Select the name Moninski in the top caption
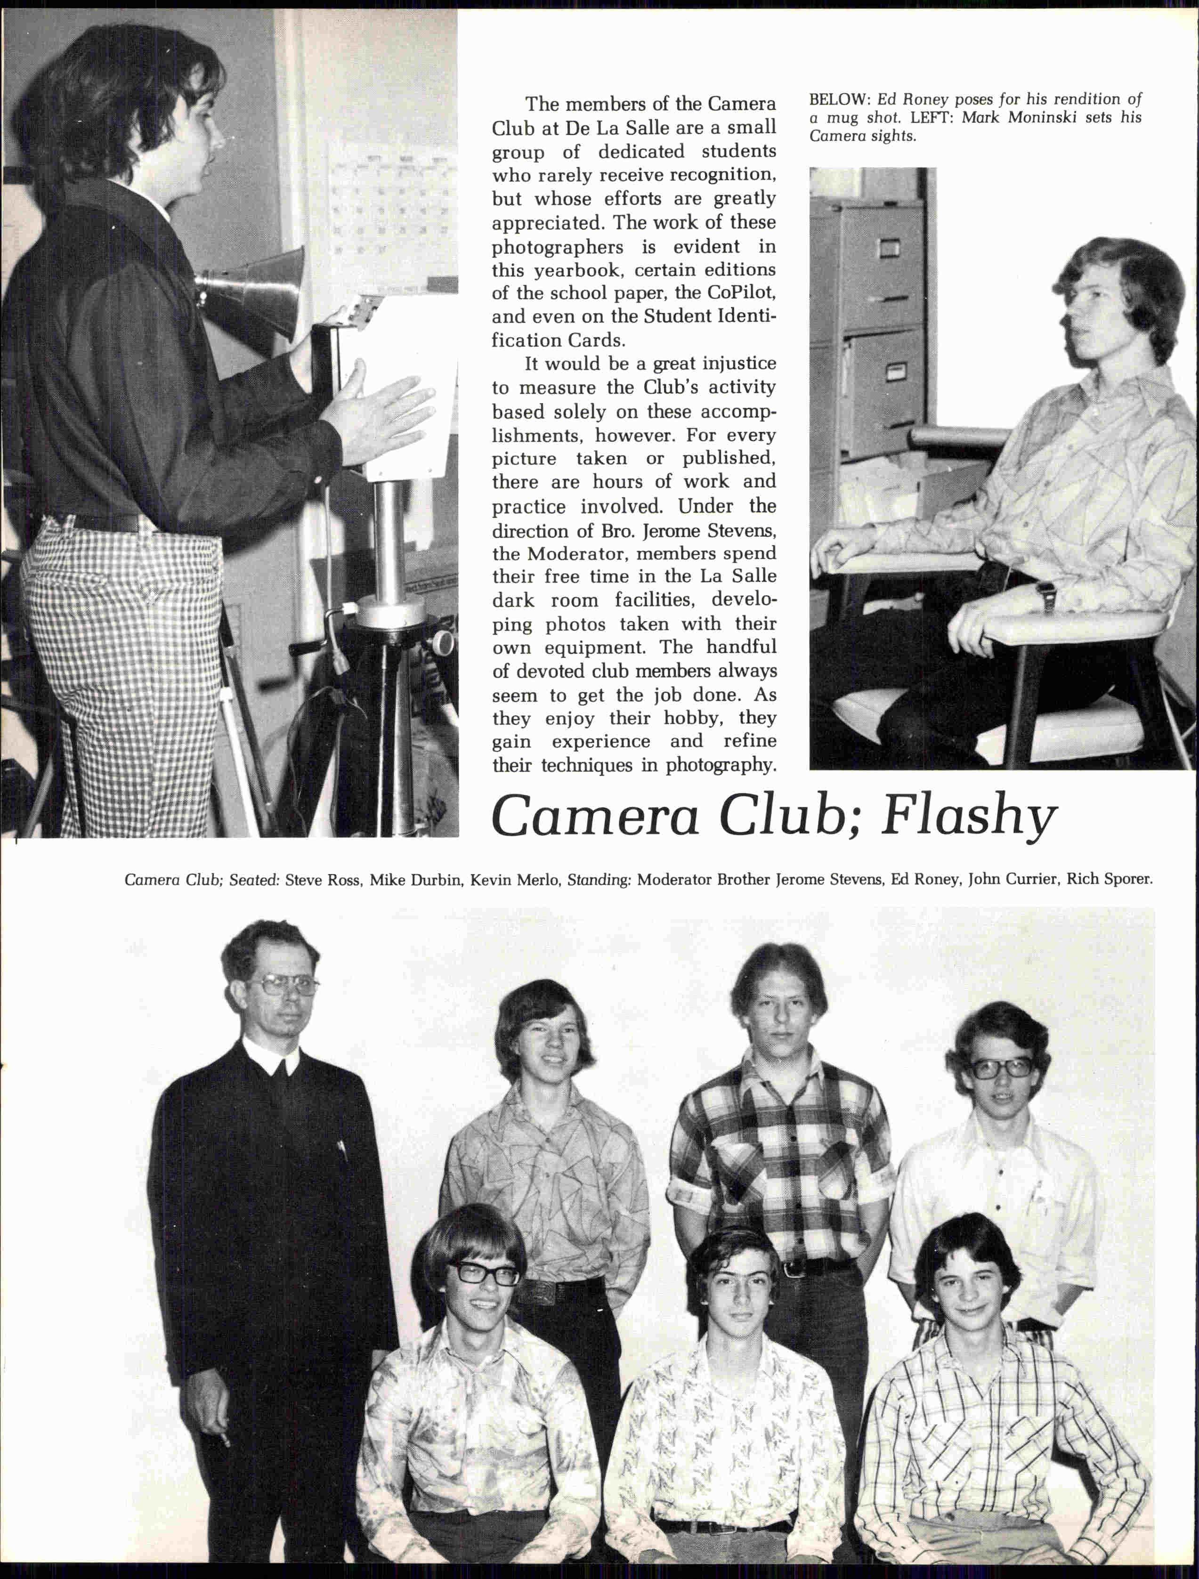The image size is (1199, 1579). (x=1042, y=118)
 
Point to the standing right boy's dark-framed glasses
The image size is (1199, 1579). (x=1001, y=1069)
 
